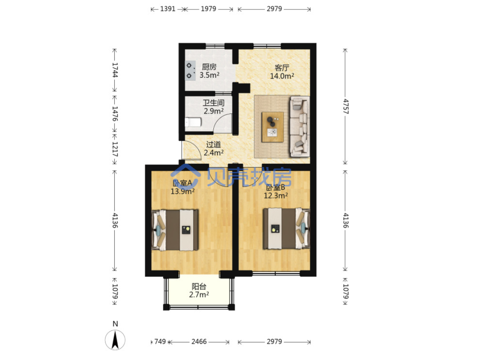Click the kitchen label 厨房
click(209, 67)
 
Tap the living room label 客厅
click(282, 68)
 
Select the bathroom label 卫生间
click(214, 103)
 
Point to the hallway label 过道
click(213, 144)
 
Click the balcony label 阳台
click(199, 287)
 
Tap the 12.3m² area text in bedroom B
click(276, 195)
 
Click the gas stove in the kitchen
click(190, 71)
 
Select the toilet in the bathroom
click(193, 122)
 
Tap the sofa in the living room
click(299, 126)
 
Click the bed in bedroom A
click(175, 230)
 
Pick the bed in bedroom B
click(287, 229)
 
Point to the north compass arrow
click(115, 340)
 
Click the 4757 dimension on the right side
click(346, 106)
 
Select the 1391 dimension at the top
click(167, 9)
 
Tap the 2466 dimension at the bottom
click(199, 342)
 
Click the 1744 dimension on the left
click(115, 70)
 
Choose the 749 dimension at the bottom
click(160, 342)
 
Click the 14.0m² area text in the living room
click(282, 76)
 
